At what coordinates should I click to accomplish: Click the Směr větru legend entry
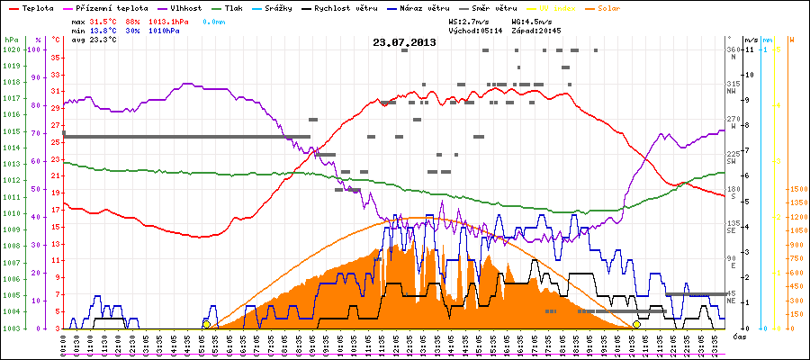click(492, 6)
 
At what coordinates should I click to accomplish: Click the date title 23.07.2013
click(405, 41)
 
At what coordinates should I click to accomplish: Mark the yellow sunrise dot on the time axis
click(206, 324)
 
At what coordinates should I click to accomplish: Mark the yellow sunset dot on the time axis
click(636, 324)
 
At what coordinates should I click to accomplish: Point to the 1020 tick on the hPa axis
click(11, 49)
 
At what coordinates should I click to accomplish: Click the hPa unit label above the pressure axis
click(10, 40)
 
